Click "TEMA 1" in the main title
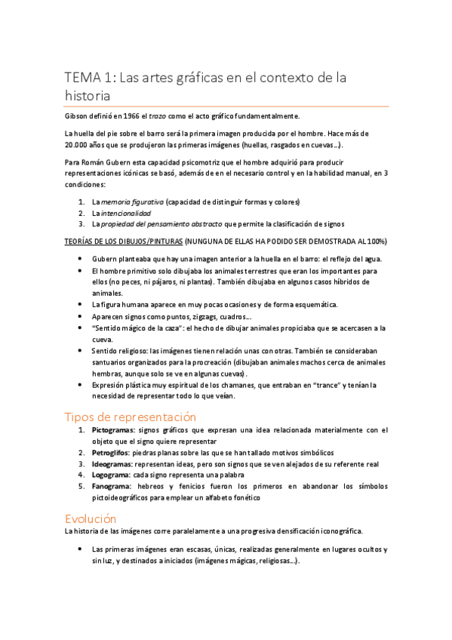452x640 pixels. coord(87,78)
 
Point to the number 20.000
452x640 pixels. coord(76,144)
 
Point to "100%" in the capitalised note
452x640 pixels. coord(377,242)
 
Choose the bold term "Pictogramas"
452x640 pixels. coord(114,430)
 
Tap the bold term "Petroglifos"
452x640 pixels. coord(112,452)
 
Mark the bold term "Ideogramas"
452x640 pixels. coord(112,464)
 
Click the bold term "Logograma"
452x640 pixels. coord(111,475)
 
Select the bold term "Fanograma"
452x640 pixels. coord(112,487)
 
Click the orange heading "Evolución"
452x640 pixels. coord(91,518)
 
